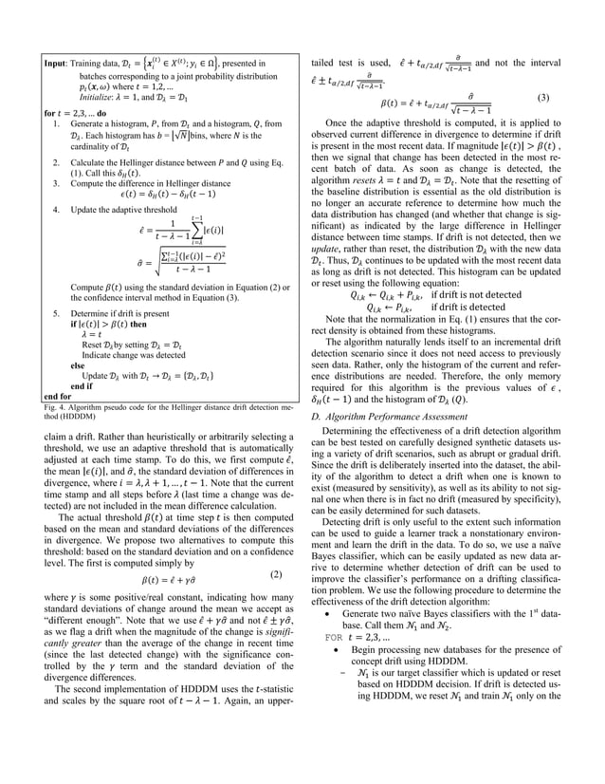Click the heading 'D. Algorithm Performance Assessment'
point(387,418)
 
